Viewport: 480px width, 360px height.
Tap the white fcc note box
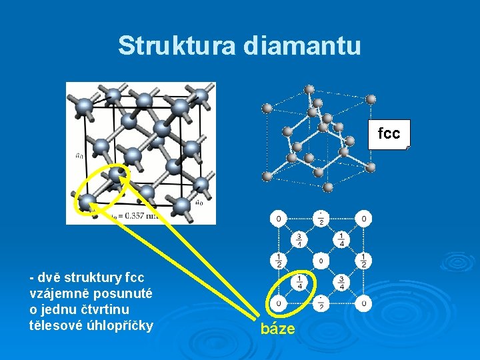(x=389, y=133)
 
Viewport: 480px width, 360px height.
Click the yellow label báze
(x=277, y=329)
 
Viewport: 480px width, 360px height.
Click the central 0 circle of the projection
(x=321, y=261)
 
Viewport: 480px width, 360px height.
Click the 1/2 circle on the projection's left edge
(x=278, y=261)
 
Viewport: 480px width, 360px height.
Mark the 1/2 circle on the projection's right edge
(x=363, y=261)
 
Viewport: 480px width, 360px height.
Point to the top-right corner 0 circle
(x=363, y=218)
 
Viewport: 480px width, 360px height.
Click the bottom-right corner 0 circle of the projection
(x=363, y=304)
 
